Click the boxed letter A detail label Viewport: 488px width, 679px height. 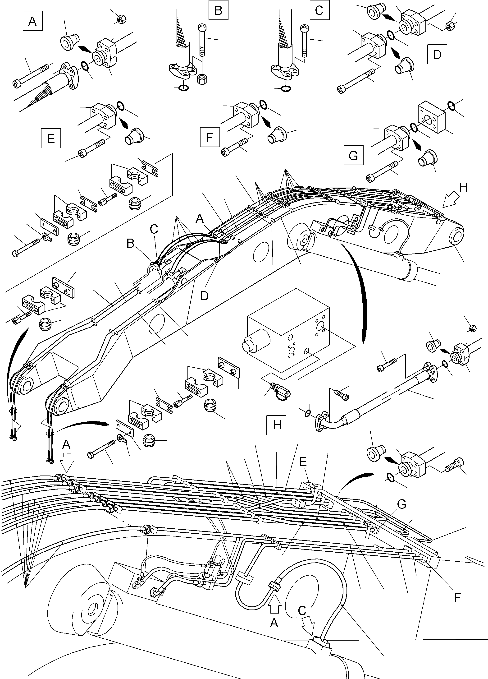point(32,21)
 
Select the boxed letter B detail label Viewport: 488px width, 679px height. point(219,10)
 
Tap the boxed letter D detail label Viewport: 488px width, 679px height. point(437,55)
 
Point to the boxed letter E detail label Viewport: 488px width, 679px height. point(51,138)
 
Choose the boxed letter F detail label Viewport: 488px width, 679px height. point(210,137)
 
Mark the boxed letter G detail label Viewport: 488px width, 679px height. point(353,155)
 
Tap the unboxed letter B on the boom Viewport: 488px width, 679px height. point(130,243)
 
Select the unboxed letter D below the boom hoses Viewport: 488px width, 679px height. point(204,296)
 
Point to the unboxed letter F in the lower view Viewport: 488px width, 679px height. point(457,597)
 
